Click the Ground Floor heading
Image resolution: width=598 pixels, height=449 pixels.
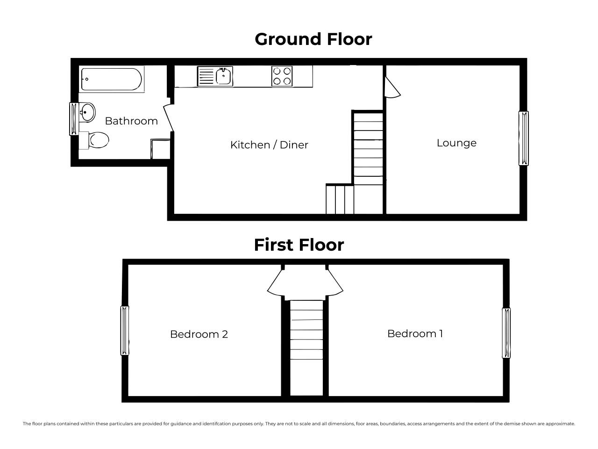tap(313, 40)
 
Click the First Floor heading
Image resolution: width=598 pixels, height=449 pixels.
tap(299, 245)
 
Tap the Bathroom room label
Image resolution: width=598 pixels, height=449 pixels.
tap(131, 121)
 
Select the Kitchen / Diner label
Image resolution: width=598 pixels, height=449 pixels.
tap(269, 145)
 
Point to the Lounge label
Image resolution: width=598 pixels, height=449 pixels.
tap(456, 143)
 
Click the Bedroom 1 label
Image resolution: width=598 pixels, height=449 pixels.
tap(415, 333)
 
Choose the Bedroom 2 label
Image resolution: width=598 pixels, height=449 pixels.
tap(199, 334)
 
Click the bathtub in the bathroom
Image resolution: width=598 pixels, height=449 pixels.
tap(112, 79)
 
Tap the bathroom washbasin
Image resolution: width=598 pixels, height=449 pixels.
tap(87, 112)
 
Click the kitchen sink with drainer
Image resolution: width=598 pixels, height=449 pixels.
tap(215, 76)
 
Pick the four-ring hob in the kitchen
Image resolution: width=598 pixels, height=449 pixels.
tap(282, 76)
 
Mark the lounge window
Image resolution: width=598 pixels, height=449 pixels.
tap(523, 138)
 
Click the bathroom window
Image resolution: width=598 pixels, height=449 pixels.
tap(74, 119)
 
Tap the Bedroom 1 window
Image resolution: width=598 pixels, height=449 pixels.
tap(506, 333)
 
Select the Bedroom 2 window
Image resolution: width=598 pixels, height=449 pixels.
tap(124, 330)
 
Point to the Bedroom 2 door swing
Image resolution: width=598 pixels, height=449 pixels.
tap(275, 283)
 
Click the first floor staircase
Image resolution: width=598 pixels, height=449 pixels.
tap(306, 348)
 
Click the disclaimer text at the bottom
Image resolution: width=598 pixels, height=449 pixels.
tap(299, 424)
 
